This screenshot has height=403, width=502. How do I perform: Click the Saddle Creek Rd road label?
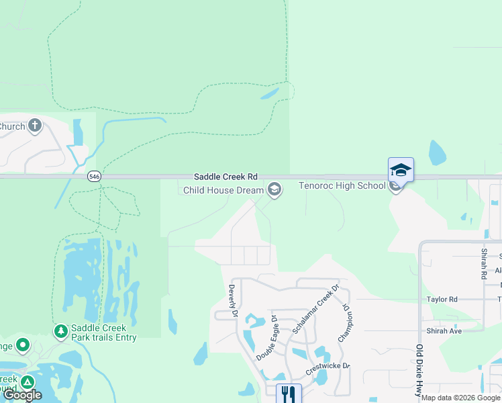225,177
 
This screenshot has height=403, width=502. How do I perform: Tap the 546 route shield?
95,177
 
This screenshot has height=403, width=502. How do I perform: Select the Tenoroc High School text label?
342,186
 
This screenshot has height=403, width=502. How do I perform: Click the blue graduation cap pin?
401,170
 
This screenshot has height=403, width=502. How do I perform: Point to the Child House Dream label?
223,190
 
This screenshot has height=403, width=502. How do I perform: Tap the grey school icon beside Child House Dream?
274,190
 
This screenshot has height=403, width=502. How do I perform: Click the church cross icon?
35,126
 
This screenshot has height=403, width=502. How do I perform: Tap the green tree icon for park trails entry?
60,331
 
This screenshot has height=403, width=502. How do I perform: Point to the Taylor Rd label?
443,299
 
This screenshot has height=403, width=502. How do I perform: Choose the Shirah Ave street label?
444,331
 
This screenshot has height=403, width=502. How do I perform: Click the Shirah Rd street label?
483,263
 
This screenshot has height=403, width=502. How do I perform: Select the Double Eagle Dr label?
266,337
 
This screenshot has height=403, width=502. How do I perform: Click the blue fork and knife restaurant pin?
289,392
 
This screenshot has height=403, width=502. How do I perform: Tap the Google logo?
22,395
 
